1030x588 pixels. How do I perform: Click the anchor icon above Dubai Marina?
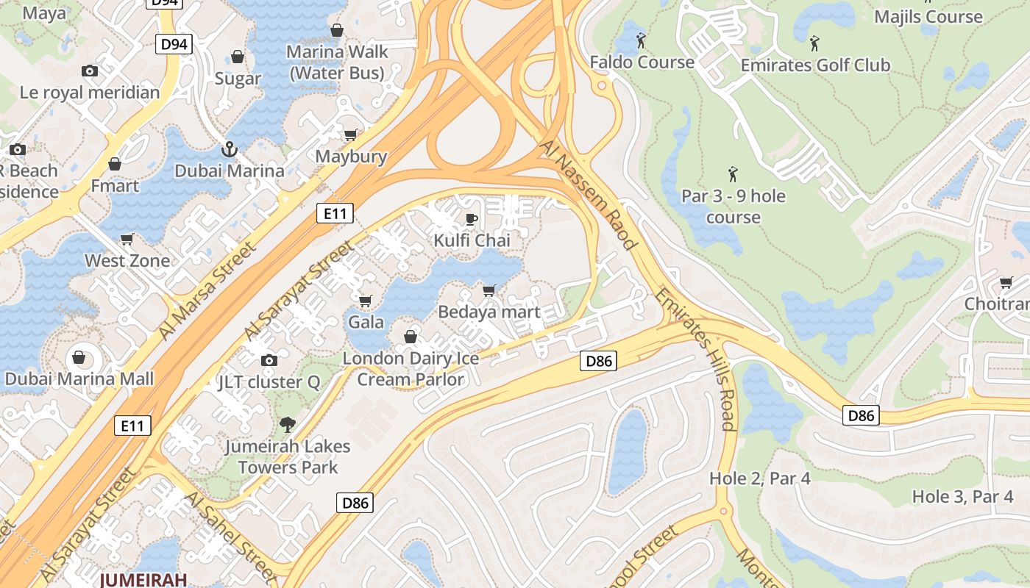(x=230, y=149)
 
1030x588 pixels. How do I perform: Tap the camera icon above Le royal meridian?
(x=90, y=71)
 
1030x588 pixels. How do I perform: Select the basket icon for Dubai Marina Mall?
(x=78, y=359)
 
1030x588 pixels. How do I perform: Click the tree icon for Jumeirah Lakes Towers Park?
(x=287, y=424)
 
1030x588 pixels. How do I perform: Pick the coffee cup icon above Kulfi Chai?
(x=472, y=219)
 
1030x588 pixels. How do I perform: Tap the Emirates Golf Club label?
(x=815, y=65)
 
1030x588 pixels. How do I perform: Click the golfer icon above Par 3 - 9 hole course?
(x=733, y=175)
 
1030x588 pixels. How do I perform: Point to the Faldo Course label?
(x=642, y=62)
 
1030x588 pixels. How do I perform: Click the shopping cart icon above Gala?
(x=365, y=301)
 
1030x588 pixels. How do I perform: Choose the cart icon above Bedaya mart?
(x=489, y=290)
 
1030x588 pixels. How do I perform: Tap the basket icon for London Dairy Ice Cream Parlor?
(x=411, y=337)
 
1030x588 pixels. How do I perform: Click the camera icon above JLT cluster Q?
(x=269, y=360)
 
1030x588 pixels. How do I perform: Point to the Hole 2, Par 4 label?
(x=760, y=478)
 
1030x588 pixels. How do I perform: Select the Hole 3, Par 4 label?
(x=962, y=497)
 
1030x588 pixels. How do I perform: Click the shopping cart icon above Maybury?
(x=351, y=135)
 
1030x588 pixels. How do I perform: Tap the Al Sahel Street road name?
(x=230, y=537)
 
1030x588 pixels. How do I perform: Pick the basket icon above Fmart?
(x=115, y=163)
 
